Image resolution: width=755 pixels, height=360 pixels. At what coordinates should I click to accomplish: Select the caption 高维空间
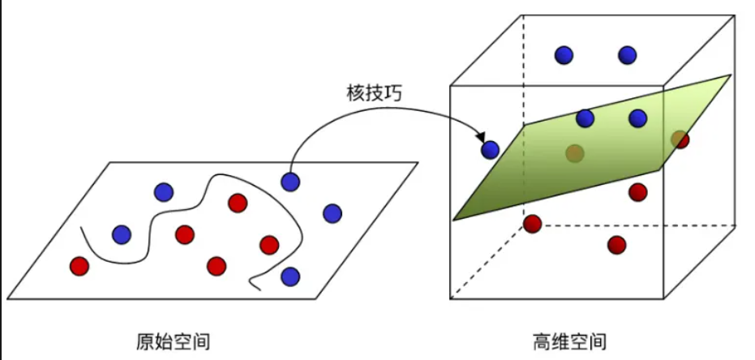568,340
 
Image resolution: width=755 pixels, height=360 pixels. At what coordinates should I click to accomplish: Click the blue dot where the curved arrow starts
290,182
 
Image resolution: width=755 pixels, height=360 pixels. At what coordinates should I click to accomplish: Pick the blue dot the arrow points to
491,149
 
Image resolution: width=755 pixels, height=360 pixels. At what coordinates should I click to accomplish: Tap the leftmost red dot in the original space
79,265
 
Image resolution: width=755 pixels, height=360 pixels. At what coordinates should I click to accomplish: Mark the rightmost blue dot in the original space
332,213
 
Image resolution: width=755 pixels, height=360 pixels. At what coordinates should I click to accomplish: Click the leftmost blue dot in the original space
122,234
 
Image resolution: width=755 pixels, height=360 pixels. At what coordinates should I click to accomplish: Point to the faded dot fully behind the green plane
575,152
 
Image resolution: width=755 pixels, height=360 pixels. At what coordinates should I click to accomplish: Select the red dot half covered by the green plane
680,139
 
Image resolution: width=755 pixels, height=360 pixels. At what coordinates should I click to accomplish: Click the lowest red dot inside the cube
617,244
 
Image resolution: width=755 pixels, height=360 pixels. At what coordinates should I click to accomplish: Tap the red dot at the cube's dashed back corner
532,223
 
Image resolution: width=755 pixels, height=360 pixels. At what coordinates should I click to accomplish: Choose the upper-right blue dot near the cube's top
627,55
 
